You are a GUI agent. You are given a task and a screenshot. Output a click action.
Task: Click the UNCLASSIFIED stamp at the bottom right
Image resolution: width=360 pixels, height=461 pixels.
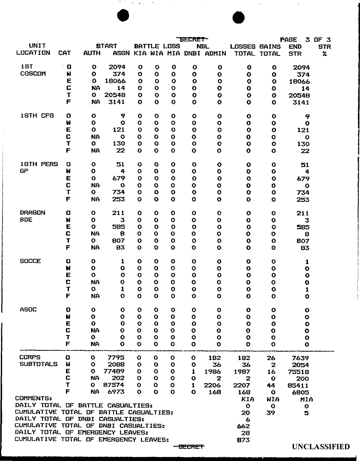point(320,447)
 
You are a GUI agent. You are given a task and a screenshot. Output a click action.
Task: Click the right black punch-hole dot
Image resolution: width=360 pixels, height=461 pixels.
point(238,17)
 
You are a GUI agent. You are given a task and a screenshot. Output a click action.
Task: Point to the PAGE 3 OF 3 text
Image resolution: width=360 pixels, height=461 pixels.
point(305,39)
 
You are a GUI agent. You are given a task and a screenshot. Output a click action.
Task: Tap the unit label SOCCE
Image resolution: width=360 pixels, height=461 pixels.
point(30,261)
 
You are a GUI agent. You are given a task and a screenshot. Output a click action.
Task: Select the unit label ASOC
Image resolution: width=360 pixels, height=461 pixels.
point(28,310)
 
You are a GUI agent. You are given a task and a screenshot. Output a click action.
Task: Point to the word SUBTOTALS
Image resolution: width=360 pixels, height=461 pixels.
point(39,364)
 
